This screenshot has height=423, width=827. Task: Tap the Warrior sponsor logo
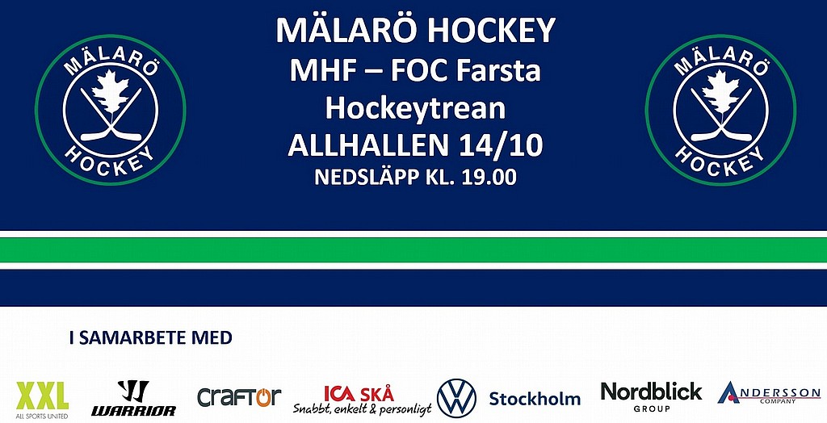coord(133,398)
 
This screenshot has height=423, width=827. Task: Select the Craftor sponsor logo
coord(239,397)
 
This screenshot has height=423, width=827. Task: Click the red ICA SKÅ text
coord(359,393)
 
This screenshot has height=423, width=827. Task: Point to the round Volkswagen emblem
coord(456,398)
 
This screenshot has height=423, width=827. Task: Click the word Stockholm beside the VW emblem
coord(535,399)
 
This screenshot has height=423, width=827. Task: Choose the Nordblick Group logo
coord(652,396)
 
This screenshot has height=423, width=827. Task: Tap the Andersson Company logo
coord(769,393)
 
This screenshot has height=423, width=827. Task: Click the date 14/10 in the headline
coord(501,144)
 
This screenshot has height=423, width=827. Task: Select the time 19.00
coord(489,178)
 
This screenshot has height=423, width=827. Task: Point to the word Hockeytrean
coord(416,107)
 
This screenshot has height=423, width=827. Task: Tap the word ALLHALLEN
coord(370,144)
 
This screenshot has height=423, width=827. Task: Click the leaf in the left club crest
coord(110,92)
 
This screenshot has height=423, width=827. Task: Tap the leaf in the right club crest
coord(720,92)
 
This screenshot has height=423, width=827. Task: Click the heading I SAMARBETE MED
coord(151,337)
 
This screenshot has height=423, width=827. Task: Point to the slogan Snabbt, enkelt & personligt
coord(363,408)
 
